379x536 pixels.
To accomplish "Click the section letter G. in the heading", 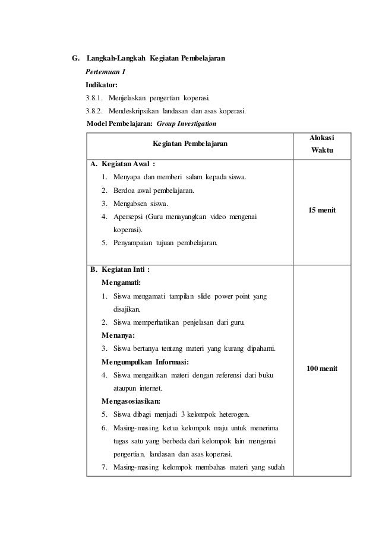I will coord(75,59).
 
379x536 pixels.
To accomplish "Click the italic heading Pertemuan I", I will coord(105,72).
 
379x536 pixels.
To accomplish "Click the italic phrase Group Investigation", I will coord(187,123).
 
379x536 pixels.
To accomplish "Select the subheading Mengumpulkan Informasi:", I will coord(146,361).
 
